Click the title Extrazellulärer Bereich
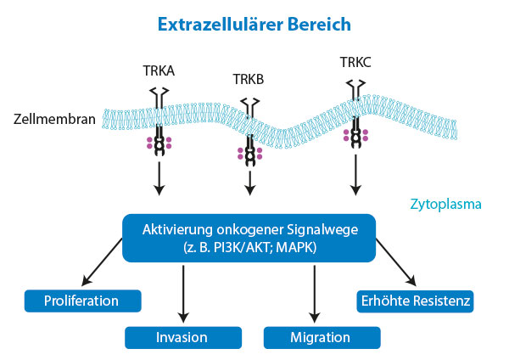coord(255,25)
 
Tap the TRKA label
coord(159,70)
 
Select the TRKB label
coord(249,79)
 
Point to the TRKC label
coord(355,62)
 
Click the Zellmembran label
coord(54,119)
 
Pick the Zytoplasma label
coord(445,204)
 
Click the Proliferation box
coord(83,301)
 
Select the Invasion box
coord(183,338)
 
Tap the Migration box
coord(322,338)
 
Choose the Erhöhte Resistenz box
coord(415,301)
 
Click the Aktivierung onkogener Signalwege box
coord(249,238)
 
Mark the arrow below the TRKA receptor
coord(159,178)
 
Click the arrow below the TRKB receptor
coord(249,183)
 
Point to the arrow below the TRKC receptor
coord(355,175)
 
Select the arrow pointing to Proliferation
coord(102,262)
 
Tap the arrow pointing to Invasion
coord(183,294)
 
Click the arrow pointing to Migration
coord(314,294)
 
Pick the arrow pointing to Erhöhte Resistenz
coord(396,262)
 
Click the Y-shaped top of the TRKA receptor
coord(159,93)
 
